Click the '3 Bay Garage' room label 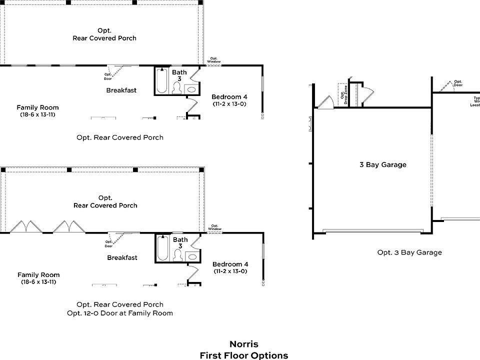383,164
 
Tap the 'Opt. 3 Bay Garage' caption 409,252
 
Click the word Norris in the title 244,344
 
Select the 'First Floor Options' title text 244,355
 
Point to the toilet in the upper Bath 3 176,88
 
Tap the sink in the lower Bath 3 191,256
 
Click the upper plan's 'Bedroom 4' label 229,97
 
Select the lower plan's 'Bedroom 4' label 230,264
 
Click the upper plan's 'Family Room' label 37,107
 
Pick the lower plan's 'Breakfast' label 122,258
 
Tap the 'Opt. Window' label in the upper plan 214,59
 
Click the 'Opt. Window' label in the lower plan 215,227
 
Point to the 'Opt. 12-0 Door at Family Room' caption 120,313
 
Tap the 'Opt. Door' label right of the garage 457,83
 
